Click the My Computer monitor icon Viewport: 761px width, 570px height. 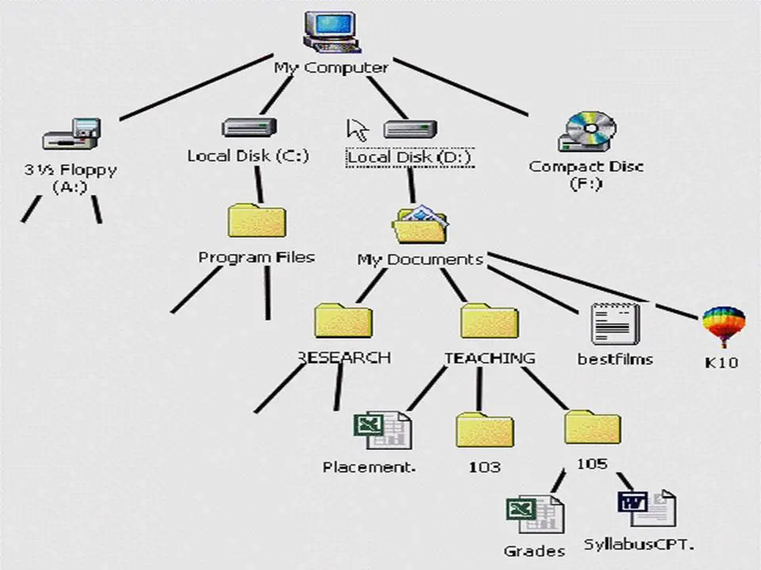pos(331,32)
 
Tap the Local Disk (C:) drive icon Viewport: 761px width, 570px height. pos(249,127)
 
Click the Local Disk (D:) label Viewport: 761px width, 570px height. pos(409,158)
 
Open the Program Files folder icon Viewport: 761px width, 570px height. pos(257,221)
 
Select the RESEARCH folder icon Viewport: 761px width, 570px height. pos(343,321)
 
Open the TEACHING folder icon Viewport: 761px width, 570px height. pos(489,321)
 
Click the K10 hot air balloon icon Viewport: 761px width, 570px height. pos(723,326)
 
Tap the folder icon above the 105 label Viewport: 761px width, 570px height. pos(592,427)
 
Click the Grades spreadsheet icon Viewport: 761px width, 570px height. pos(535,516)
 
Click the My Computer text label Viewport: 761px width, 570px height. pos(331,68)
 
